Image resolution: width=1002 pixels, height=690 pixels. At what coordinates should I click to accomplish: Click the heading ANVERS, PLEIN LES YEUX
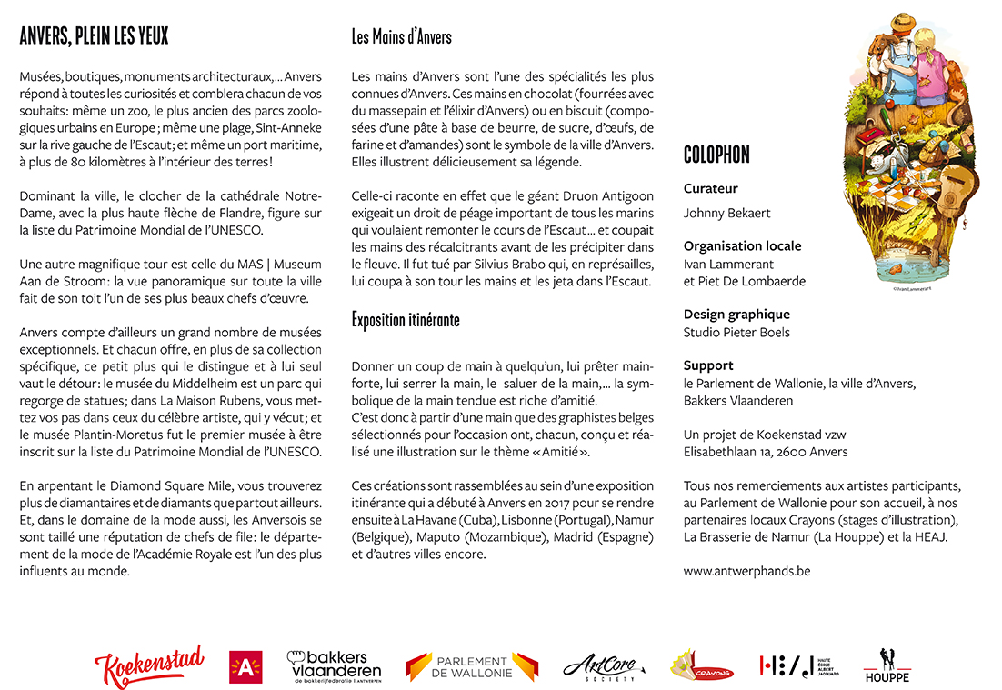pos(94,36)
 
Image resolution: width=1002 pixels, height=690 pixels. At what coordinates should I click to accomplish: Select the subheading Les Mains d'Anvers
pos(401,37)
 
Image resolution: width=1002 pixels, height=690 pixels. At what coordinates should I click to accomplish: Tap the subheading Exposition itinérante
pos(405,320)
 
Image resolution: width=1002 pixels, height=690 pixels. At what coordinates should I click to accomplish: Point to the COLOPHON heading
pos(716,155)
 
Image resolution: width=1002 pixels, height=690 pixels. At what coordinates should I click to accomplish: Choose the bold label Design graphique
pos(736,315)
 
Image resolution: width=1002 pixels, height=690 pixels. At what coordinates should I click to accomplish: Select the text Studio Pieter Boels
pos(736,333)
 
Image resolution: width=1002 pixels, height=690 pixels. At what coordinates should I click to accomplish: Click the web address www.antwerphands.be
pos(746,572)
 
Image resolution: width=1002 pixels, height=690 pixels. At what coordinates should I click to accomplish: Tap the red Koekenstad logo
pos(149,667)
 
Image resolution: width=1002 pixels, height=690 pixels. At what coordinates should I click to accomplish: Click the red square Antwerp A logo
pos(245,667)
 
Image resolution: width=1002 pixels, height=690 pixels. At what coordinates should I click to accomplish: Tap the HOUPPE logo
pos(887,666)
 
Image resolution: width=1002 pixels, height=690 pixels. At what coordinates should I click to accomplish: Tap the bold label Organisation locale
pos(742,246)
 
